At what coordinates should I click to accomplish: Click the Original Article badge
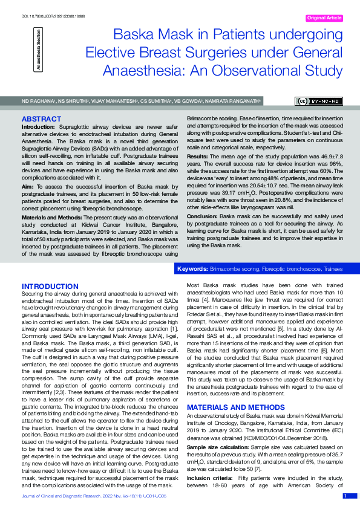325,19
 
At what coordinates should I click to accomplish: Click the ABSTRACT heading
41,120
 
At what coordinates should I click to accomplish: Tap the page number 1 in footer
345,496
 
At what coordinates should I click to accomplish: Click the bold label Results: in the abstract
200,155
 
